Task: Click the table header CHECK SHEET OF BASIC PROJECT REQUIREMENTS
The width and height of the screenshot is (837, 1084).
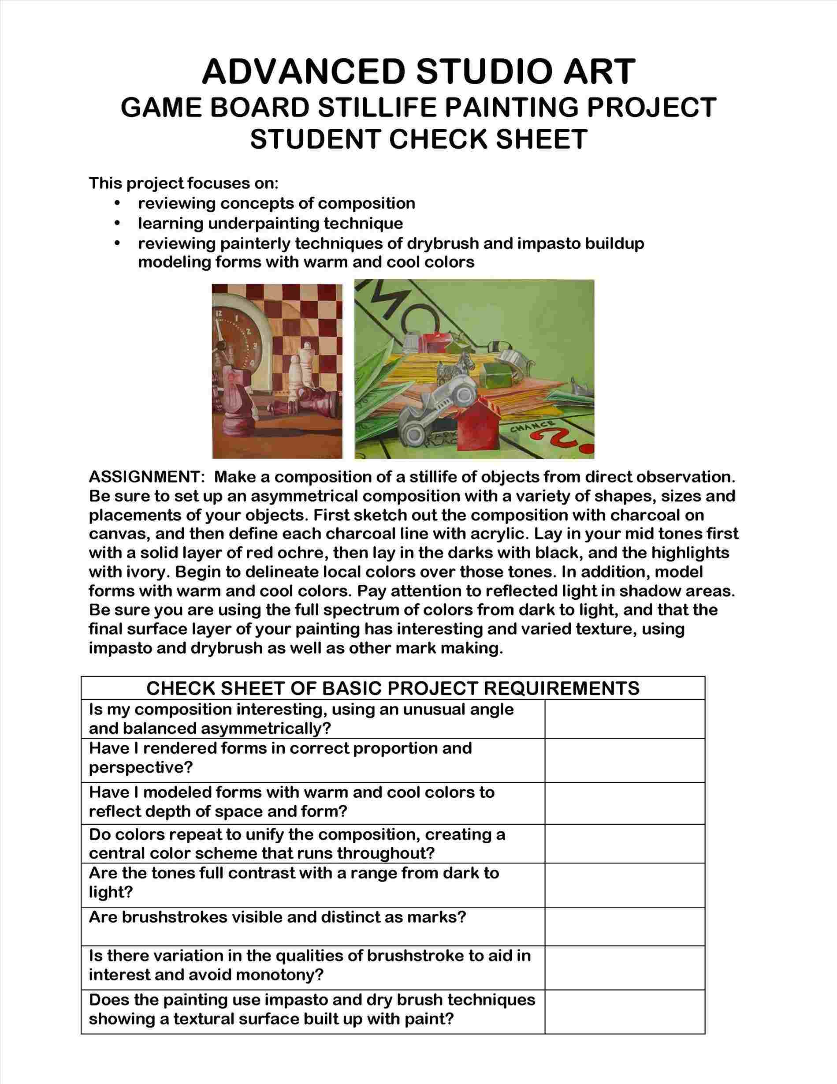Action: [393, 688]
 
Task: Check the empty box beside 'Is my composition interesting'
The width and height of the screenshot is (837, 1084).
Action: [624, 719]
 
